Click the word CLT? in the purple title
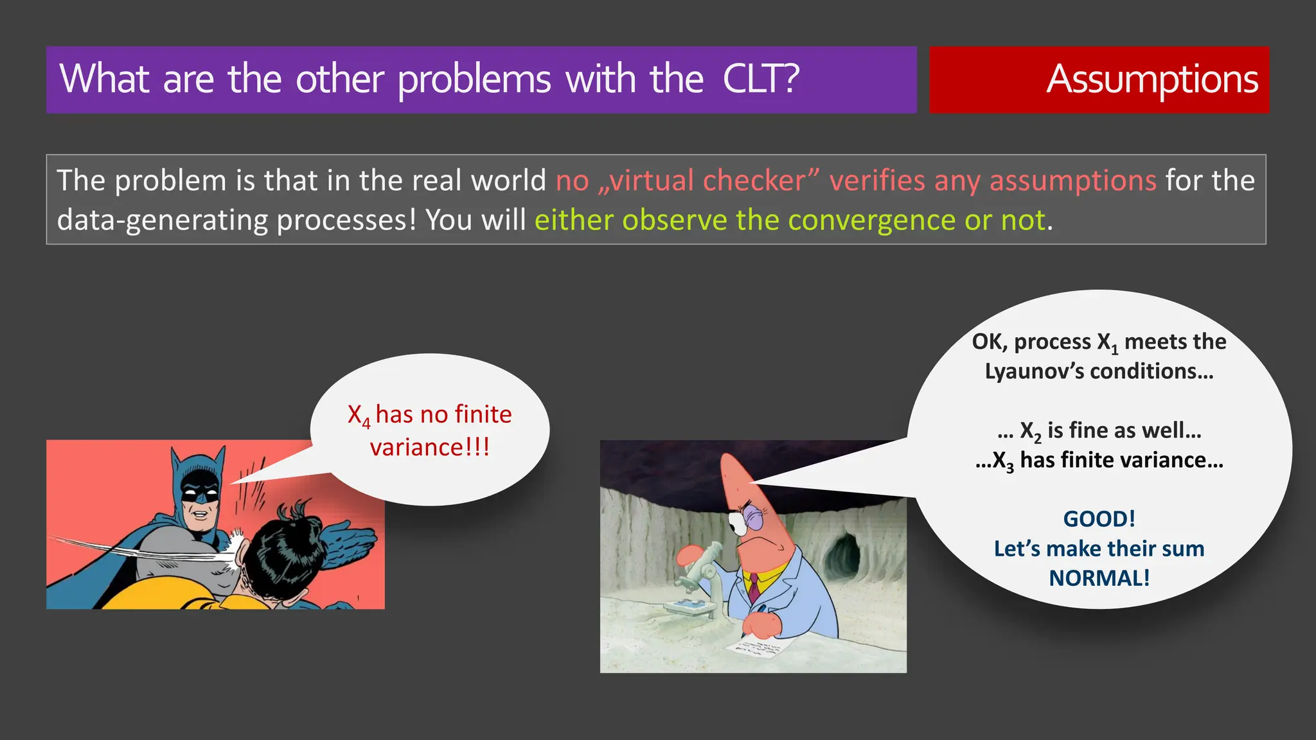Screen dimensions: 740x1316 761,80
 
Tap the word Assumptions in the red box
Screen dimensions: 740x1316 1151,80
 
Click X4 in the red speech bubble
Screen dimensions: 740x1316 359,416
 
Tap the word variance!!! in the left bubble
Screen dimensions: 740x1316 429,447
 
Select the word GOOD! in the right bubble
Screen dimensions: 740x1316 1099,518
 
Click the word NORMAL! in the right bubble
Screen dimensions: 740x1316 1099,577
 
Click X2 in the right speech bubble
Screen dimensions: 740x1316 1030,431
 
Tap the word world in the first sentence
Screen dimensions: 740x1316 508,181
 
